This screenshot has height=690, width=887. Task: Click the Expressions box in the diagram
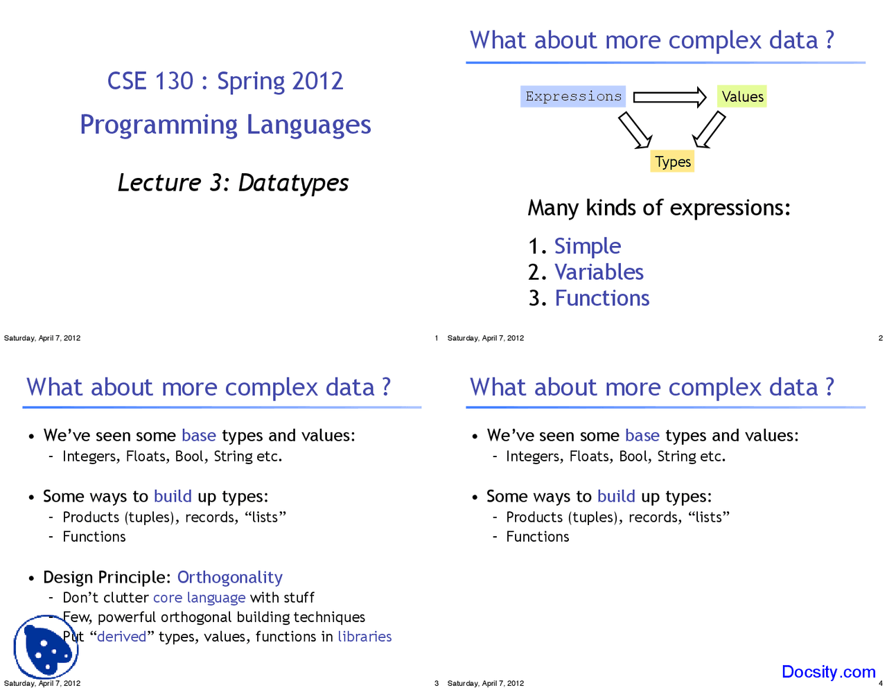coord(572,96)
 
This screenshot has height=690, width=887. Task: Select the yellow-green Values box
coord(741,96)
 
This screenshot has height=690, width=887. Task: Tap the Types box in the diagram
coord(672,161)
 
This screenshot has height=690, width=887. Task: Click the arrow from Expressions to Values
coord(669,97)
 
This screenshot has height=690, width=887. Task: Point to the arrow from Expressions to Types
coord(635,130)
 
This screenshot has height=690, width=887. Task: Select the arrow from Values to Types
coord(709,130)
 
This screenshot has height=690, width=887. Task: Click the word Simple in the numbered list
coord(588,247)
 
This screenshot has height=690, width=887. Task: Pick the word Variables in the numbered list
coord(599,272)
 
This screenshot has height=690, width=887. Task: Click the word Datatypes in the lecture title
coord(293,182)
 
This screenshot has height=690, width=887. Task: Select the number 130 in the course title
coord(174,81)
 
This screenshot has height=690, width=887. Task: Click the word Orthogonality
coord(230,577)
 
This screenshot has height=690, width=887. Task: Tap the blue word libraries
coord(365,637)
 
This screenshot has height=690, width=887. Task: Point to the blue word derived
coord(122,637)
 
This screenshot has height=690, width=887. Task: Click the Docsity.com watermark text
coord(829,671)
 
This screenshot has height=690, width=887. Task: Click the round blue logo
coord(46,647)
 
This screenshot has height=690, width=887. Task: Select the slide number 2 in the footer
coord(881,338)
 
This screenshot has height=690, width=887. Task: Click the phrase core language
coord(199,597)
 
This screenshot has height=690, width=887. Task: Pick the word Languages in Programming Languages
coord(309,125)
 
